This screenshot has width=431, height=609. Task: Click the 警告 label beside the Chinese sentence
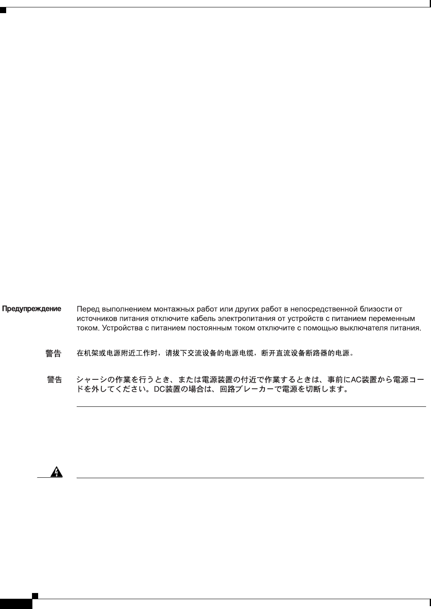pos(53,353)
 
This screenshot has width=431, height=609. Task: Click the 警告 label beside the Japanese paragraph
pos(55,380)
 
